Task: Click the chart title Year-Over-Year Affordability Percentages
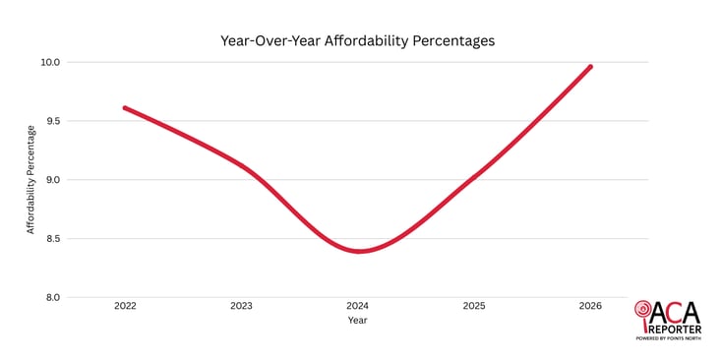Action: click(x=357, y=41)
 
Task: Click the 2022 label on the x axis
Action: click(x=125, y=306)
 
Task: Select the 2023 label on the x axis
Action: click(x=241, y=306)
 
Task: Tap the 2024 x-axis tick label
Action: click(x=358, y=306)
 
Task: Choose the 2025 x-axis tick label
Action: click(x=474, y=306)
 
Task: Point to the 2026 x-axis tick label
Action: click(x=590, y=306)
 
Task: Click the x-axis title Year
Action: click(x=358, y=320)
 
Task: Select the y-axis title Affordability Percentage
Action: click(x=30, y=179)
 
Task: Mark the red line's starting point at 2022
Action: click(x=125, y=108)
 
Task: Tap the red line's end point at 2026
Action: click(x=590, y=67)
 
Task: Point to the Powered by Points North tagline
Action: click(x=674, y=338)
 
